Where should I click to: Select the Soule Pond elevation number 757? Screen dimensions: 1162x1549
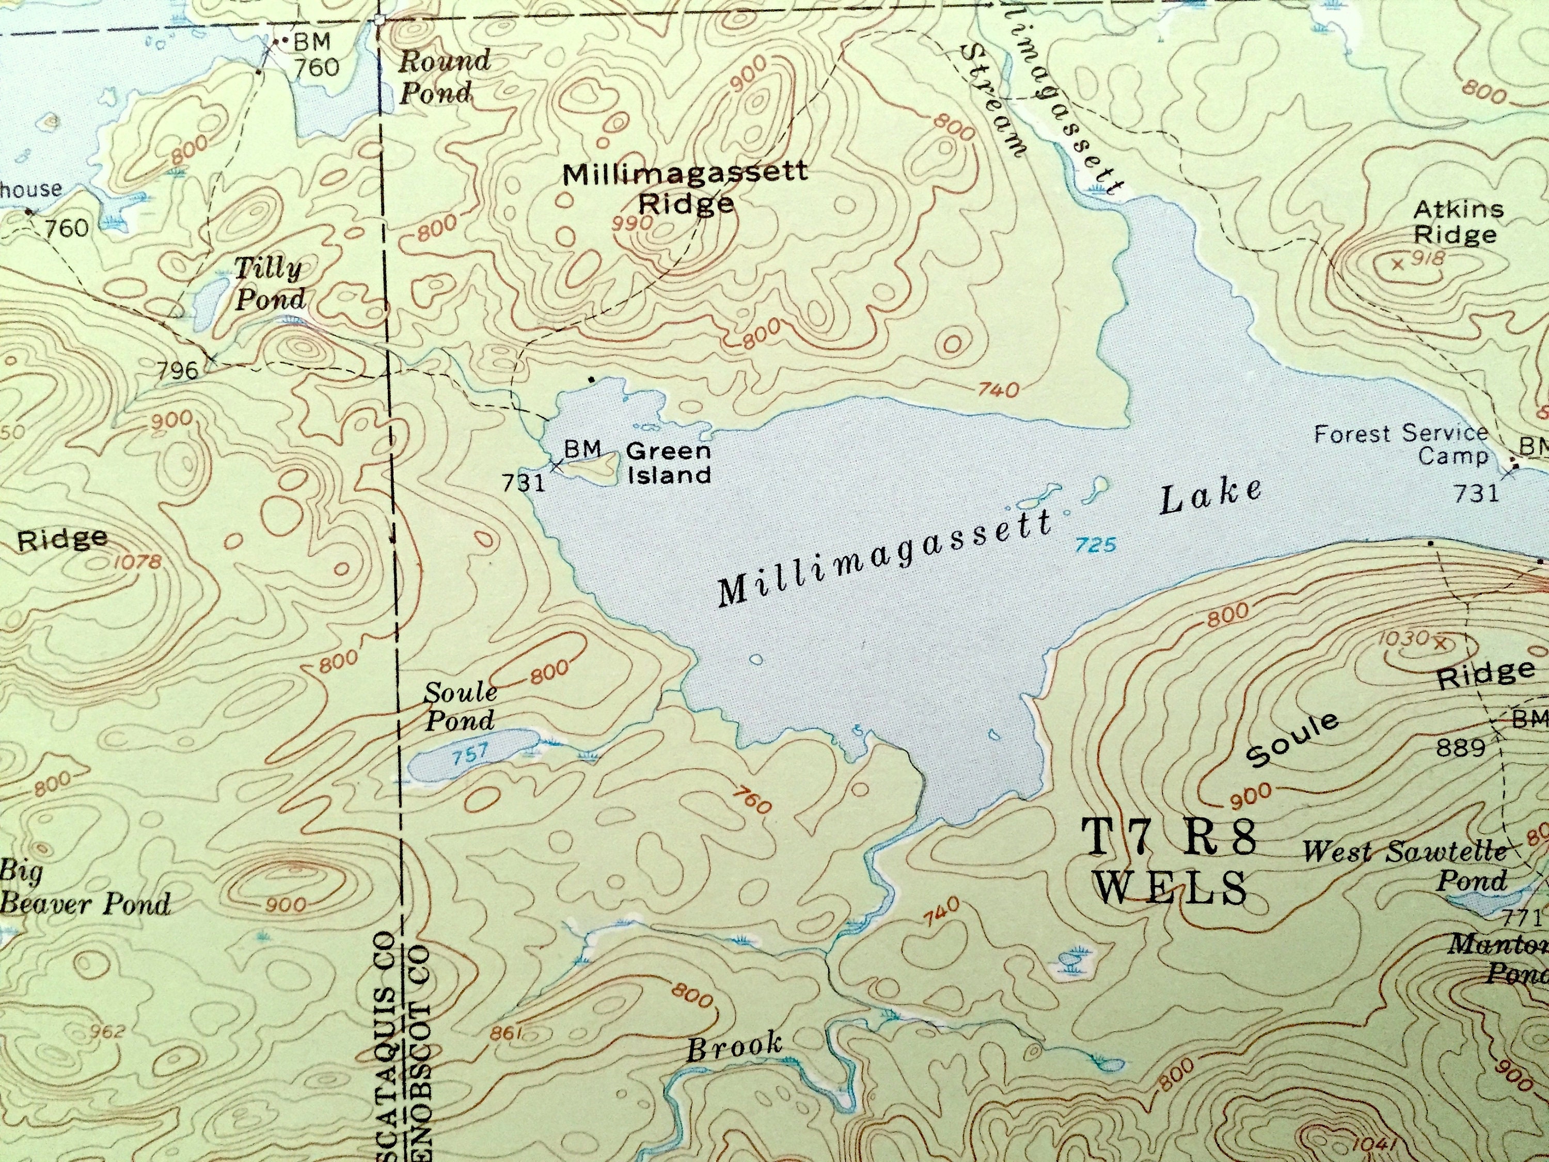[x=469, y=753]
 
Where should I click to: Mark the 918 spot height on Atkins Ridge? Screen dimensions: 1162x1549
[x=1427, y=258]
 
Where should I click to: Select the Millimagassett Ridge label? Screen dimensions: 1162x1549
[x=685, y=187]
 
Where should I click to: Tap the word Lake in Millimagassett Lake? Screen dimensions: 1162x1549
[x=1210, y=497]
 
